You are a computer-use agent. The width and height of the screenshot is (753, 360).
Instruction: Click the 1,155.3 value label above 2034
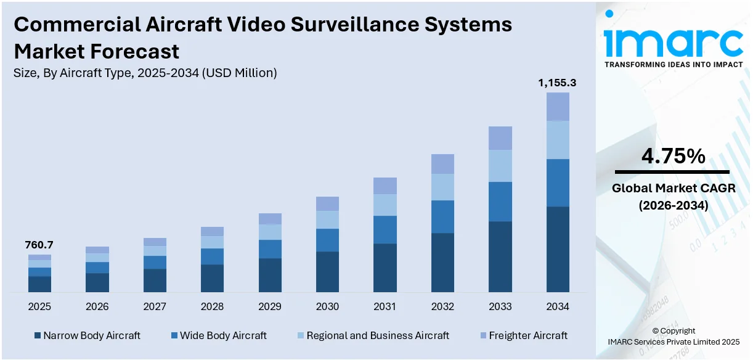pos(557,83)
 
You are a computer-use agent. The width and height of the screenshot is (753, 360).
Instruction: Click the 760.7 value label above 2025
pos(39,245)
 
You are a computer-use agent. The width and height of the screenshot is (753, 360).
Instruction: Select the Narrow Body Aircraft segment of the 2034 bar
pos(558,249)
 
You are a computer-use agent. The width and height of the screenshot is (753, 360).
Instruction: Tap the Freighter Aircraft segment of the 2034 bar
pos(558,107)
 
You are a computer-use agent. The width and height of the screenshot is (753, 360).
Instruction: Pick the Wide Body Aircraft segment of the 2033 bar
pos(500,202)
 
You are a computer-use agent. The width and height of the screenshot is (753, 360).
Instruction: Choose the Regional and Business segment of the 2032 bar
pos(442,187)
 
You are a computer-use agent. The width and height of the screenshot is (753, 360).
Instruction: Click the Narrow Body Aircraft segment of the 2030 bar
pos(327,271)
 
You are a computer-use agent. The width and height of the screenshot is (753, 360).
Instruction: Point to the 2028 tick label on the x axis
pos(212,306)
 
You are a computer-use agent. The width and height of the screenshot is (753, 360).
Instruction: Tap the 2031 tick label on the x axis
pos(385,306)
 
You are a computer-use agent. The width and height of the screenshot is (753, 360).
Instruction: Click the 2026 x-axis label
pos(97,306)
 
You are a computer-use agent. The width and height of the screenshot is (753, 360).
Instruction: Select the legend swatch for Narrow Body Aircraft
pos(38,336)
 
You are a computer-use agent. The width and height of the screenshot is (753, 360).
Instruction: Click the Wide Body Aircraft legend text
pos(223,335)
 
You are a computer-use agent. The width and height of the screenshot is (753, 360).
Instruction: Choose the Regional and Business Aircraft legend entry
pos(378,335)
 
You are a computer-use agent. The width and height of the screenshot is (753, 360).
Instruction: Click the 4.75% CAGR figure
pos(673,157)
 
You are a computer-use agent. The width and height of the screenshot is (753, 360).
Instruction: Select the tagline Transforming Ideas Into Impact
pos(673,64)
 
